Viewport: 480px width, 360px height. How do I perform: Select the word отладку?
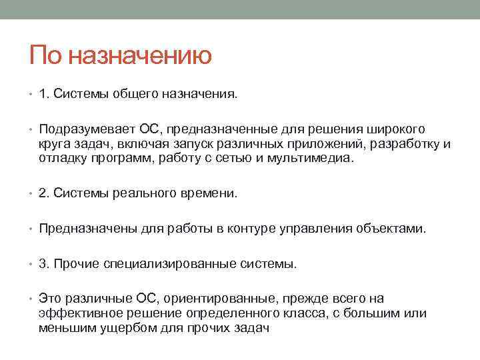63,159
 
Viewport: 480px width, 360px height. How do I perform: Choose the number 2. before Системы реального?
45,194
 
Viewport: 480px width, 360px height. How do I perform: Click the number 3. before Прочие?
45,263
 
